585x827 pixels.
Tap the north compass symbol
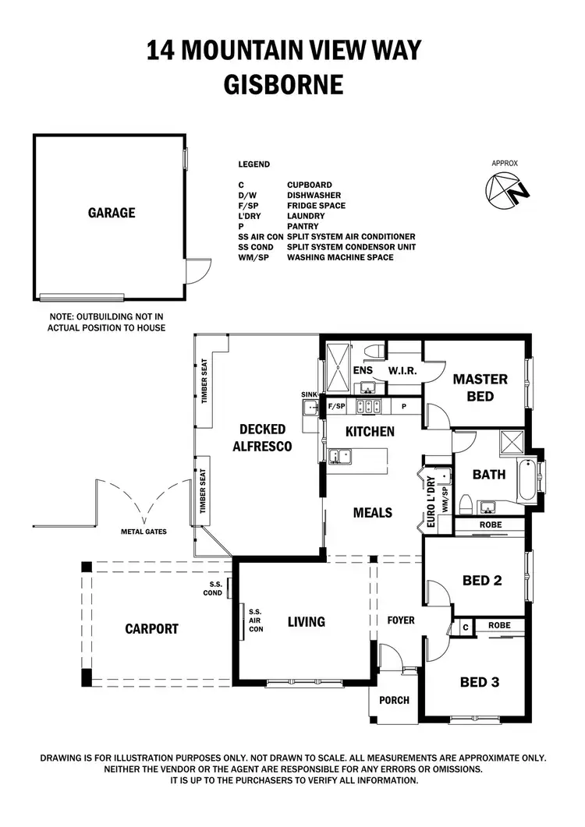point(508,189)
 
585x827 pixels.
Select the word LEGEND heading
point(254,164)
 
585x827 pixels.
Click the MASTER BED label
point(480,387)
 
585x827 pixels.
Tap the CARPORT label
point(151,629)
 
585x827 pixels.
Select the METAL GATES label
point(143,532)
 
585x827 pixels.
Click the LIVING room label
point(306,621)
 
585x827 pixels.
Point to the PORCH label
point(394,700)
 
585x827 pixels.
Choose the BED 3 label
point(480,682)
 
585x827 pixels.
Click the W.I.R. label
point(402,371)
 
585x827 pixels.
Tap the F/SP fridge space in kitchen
point(336,407)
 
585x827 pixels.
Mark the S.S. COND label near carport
point(216,588)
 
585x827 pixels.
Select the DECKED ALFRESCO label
point(262,437)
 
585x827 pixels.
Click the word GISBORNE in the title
point(284,84)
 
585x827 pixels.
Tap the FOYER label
point(400,620)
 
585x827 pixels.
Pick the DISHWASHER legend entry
point(314,196)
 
